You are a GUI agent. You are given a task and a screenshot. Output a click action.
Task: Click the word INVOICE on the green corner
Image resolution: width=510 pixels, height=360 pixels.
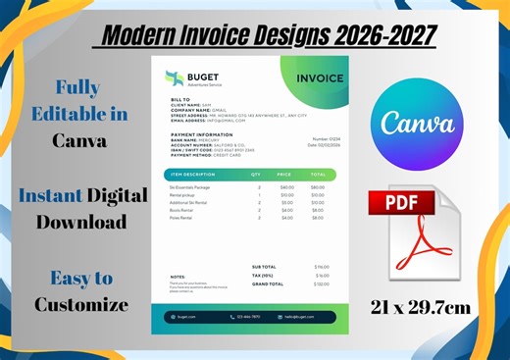tap(320, 78)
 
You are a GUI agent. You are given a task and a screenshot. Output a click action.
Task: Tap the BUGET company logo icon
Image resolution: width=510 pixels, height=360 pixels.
tap(175, 77)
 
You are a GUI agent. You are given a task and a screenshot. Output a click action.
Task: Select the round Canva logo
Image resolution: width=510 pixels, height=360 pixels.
tap(417, 123)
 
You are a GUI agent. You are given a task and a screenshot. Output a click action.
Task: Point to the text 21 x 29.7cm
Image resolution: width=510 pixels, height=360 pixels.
tap(420, 307)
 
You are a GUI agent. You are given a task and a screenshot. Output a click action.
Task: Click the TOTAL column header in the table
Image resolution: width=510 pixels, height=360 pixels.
tap(317, 175)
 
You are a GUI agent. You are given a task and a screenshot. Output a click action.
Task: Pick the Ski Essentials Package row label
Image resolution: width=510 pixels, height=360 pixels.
tap(189, 186)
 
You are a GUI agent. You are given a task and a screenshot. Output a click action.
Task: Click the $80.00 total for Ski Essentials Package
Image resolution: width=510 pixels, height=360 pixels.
tap(317, 186)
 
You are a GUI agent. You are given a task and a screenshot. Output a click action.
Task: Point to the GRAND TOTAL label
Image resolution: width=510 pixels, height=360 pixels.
tap(268, 284)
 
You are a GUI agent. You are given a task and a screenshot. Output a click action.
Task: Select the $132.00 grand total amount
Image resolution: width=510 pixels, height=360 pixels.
tap(321, 284)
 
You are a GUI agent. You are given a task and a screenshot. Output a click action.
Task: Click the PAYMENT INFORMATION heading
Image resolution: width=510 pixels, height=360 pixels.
tap(201, 134)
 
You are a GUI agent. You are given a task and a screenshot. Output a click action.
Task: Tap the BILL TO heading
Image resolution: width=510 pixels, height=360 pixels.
tap(180, 100)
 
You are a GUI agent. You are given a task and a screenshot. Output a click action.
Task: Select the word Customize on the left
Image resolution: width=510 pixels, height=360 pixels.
tap(81, 304)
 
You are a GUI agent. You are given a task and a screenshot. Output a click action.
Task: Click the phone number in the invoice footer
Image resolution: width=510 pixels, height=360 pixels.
tap(248, 317)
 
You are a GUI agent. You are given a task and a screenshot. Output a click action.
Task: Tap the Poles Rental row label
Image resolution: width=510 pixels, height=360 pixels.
tap(181, 218)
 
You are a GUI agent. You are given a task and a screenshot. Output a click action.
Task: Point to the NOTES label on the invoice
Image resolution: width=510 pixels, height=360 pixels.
tap(178, 277)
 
